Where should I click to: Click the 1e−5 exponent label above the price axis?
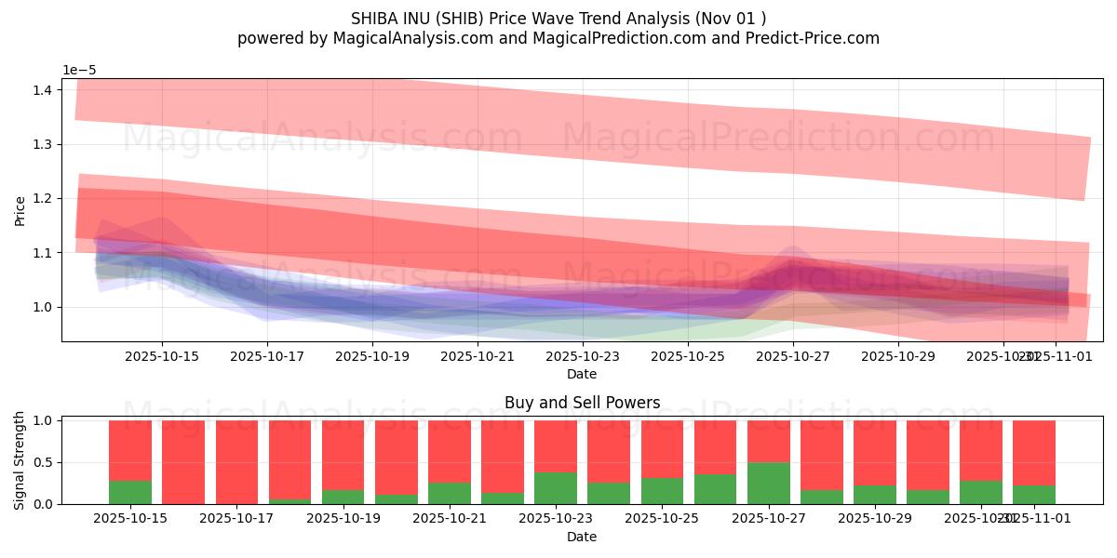click(79, 71)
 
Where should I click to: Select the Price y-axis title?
click(20, 210)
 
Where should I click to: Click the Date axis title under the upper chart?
click(582, 374)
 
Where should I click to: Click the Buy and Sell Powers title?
click(582, 403)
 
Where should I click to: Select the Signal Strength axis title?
click(20, 459)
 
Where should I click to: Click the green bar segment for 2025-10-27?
click(769, 484)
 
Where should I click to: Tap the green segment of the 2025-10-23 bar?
click(556, 488)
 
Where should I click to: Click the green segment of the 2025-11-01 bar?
click(1034, 495)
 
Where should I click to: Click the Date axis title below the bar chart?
click(582, 537)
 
